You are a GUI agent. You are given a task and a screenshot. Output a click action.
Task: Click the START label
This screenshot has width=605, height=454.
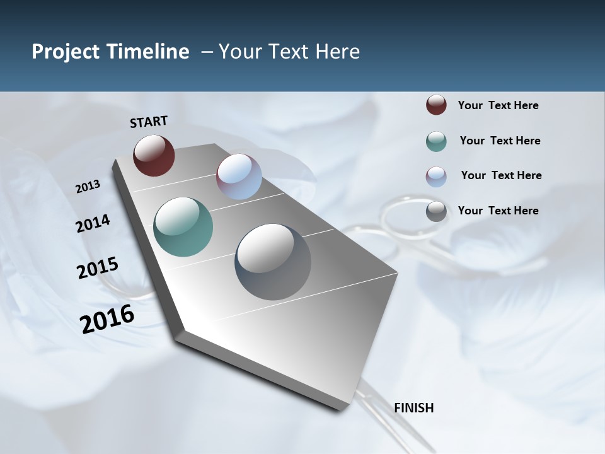(149, 122)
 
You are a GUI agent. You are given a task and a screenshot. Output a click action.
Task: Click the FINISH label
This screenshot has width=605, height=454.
(413, 408)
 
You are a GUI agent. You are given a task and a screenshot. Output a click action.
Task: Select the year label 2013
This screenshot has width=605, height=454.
(88, 187)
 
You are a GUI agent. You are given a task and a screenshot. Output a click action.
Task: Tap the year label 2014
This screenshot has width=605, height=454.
(93, 224)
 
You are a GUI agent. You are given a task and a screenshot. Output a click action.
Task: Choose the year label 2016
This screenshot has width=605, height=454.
(107, 319)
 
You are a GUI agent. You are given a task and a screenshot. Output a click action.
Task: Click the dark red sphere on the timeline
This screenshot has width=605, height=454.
(154, 155)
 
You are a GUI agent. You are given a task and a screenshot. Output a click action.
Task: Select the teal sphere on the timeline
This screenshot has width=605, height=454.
(183, 227)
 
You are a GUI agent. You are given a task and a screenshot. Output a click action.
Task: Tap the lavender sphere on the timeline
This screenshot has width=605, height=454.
(239, 177)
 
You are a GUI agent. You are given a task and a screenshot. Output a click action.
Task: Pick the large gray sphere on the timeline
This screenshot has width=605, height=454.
(273, 262)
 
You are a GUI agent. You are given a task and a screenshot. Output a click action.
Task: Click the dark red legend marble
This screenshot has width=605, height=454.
(436, 105)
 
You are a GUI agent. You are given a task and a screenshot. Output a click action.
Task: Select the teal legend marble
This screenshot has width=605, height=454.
(436, 141)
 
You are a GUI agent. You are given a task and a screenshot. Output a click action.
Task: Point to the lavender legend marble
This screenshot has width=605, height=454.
(436, 177)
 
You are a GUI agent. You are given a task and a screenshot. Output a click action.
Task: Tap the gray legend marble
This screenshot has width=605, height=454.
(436, 211)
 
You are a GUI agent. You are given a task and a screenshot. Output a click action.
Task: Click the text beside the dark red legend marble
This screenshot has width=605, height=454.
(498, 106)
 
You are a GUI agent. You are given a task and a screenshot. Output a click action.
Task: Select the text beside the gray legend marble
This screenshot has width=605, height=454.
(498, 211)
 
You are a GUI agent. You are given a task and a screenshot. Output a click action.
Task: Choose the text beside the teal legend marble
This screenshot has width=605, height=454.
(500, 141)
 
